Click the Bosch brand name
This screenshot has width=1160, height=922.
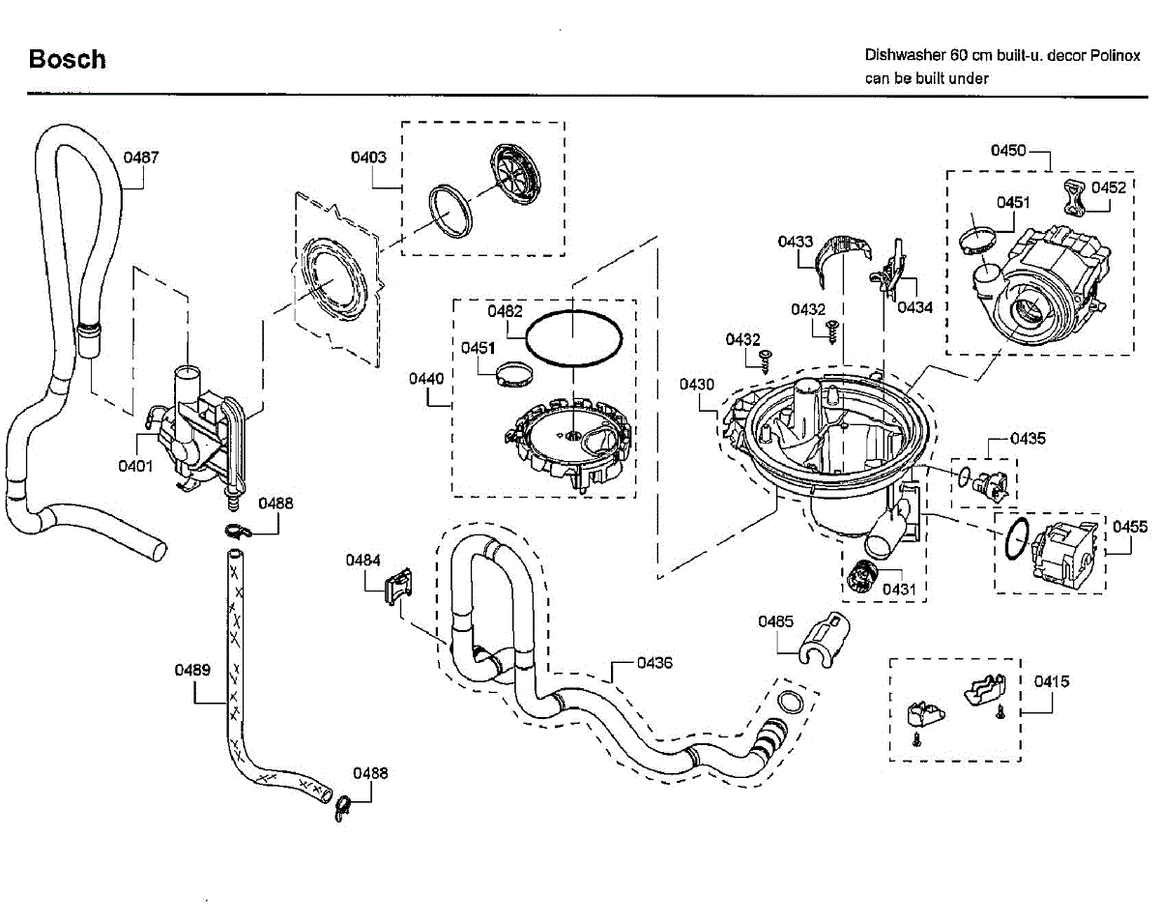point(67,59)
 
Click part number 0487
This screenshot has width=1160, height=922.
point(141,157)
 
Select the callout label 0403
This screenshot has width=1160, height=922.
point(369,157)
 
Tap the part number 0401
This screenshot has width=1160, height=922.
point(136,466)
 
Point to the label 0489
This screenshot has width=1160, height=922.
point(192,669)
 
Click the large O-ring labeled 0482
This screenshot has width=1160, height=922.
point(573,339)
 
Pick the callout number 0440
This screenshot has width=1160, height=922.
point(425,379)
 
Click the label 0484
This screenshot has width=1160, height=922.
point(364,560)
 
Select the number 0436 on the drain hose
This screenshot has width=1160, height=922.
point(654,663)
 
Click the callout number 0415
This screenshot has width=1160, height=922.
point(1051,681)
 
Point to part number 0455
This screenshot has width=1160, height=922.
point(1130,527)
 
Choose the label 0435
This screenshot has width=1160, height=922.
point(1028,438)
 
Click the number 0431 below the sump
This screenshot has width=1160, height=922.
point(898,588)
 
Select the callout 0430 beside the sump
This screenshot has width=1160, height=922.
point(696,384)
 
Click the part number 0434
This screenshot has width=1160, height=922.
point(914,307)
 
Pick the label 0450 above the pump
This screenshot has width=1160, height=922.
point(1008,150)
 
